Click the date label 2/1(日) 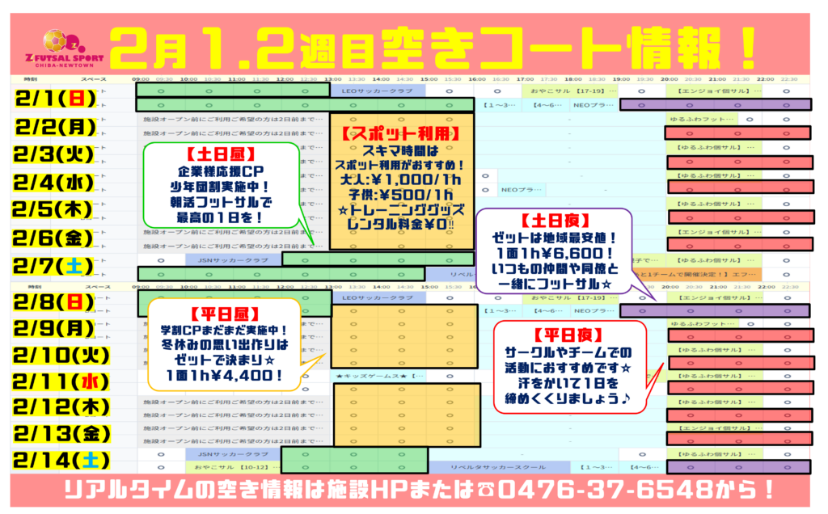click(x=54, y=99)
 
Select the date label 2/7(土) click(x=54, y=266)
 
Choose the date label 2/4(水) click(x=54, y=182)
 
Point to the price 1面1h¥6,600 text click(x=555, y=253)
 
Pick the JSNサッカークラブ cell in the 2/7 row click(x=234, y=259)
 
